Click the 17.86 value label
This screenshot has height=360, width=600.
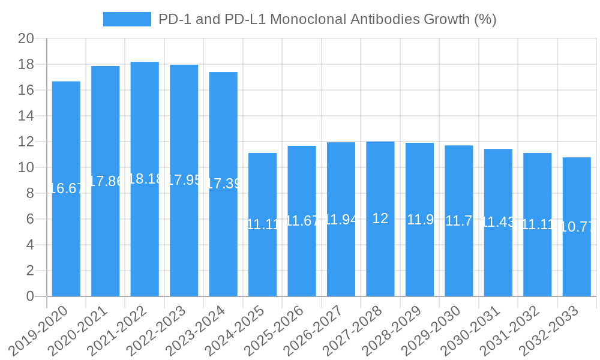click(106, 181)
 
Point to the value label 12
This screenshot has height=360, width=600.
click(380, 218)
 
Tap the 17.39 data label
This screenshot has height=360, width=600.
click(223, 184)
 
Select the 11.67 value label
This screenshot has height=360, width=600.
click(302, 221)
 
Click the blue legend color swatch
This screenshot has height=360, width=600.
click(127, 19)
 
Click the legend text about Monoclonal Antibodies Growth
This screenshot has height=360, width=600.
click(327, 19)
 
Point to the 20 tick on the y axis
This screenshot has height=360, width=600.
click(26, 39)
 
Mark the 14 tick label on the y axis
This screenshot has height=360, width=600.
click(26, 116)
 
